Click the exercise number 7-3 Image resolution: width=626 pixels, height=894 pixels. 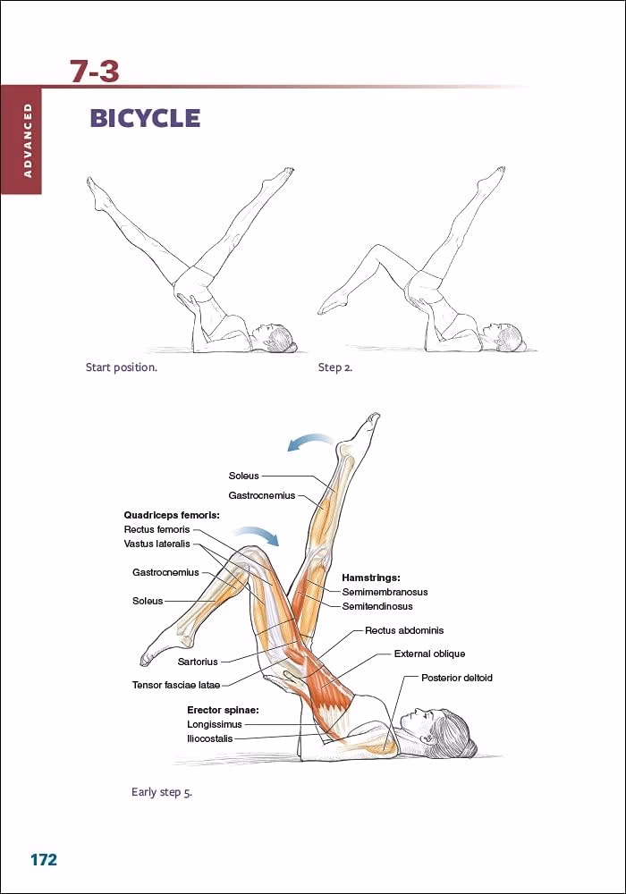point(95,71)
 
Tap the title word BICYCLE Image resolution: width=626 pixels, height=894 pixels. point(144,118)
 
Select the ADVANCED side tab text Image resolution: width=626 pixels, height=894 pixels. point(28,139)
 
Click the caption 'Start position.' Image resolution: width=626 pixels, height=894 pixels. point(121,367)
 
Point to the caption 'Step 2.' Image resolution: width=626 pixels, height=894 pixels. point(335,367)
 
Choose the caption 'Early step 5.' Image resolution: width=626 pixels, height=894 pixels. point(162,792)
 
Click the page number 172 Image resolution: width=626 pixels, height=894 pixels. point(43,860)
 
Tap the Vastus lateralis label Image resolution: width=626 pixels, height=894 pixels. point(157,544)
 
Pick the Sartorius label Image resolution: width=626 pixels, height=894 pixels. point(198,662)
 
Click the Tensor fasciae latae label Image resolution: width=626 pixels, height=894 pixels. point(176,686)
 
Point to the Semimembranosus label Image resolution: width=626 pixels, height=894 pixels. point(385,592)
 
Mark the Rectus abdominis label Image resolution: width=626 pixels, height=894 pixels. point(404,630)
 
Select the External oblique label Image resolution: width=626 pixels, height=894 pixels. point(429,654)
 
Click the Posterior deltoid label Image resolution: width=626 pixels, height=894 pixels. point(456,678)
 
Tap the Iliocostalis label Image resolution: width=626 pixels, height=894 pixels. point(209,738)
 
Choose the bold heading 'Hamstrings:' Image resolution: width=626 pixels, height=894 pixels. point(370,578)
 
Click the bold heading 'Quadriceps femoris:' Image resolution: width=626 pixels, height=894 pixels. point(171,515)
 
